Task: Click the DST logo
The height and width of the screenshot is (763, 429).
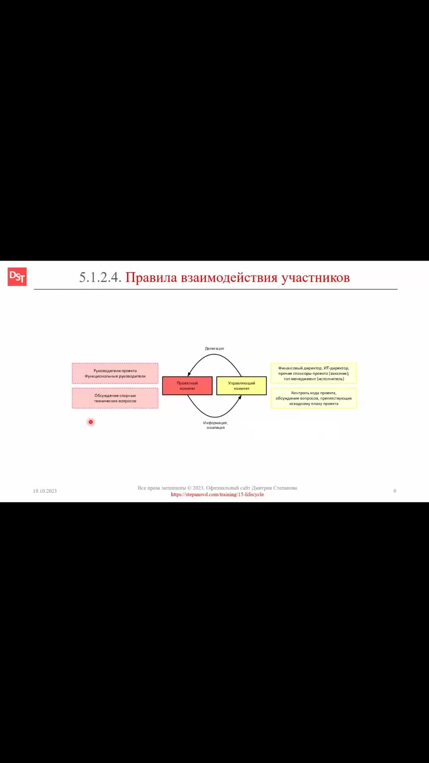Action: tap(17, 277)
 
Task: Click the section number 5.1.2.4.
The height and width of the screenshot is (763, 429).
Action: tap(100, 277)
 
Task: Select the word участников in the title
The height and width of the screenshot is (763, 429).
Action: tap(316, 277)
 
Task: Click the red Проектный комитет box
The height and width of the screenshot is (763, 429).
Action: tap(187, 385)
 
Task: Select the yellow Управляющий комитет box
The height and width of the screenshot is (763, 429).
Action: tap(242, 385)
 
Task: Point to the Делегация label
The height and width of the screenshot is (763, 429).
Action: tap(214, 349)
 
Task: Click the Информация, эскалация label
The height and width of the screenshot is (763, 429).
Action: tap(215, 425)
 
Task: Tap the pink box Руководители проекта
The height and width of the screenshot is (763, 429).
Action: tap(115, 373)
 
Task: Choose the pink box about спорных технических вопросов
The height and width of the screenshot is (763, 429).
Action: tap(115, 398)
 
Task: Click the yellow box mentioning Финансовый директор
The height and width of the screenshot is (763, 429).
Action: tap(314, 373)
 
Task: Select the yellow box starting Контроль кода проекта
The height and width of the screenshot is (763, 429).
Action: tap(314, 398)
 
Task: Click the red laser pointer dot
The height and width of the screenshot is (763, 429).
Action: tap(91, 422)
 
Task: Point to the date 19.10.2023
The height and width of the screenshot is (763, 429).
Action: tap(45, 491)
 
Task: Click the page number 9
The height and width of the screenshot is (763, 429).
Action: tap(394, 491)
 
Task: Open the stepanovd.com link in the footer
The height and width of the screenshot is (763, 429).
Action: tap(217, 494)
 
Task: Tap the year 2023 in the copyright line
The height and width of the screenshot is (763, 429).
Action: tap(198, 488)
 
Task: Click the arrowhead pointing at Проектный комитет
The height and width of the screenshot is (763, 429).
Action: tap(189, 374)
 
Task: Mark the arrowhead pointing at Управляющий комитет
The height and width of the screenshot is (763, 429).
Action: tap(240, 397)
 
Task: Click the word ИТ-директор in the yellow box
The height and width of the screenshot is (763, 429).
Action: tap(336, 368)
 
